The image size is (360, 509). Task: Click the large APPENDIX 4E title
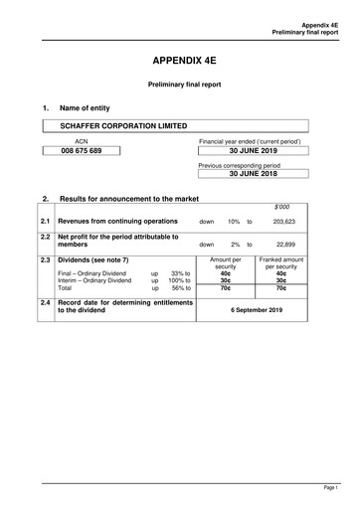point(180,60)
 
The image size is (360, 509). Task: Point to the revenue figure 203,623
point(285,222)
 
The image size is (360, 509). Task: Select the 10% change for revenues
point(234,222)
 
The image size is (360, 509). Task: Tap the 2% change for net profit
point(235,244)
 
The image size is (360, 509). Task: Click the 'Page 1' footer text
point(329,489)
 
